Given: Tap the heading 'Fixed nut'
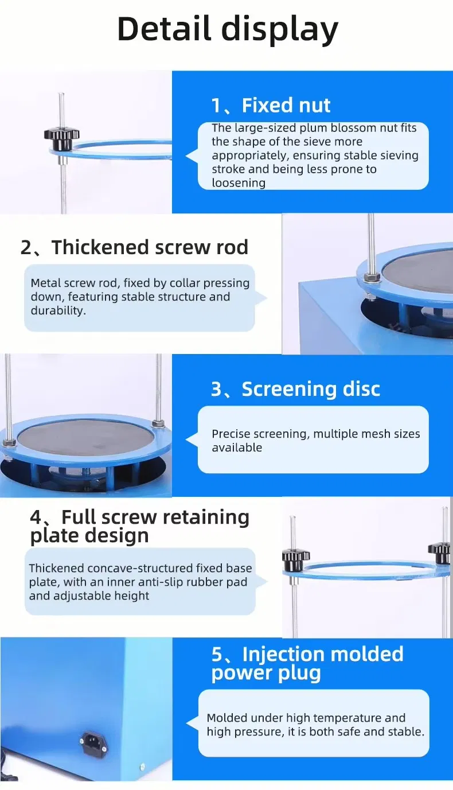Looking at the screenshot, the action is (x=286, y=105).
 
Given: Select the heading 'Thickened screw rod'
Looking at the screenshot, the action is (x=150, y=247).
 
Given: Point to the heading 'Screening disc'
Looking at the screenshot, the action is (x=311, y=389).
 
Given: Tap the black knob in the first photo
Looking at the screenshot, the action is (x=62, y=139).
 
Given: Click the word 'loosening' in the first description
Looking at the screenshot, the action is (x=239, y=182).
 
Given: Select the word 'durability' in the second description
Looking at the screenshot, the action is (x=57, y=310).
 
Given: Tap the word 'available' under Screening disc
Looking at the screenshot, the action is (x=237, y=447).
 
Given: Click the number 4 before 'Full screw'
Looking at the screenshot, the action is (x=36, y=517).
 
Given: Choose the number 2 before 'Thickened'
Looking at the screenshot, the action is (x=26, y=247).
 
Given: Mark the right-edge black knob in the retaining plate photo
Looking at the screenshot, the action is (x=440, y=553).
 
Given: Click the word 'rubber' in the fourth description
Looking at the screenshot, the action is (x=204, y=582).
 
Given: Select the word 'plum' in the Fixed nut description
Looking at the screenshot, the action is (x=314, y=128).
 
